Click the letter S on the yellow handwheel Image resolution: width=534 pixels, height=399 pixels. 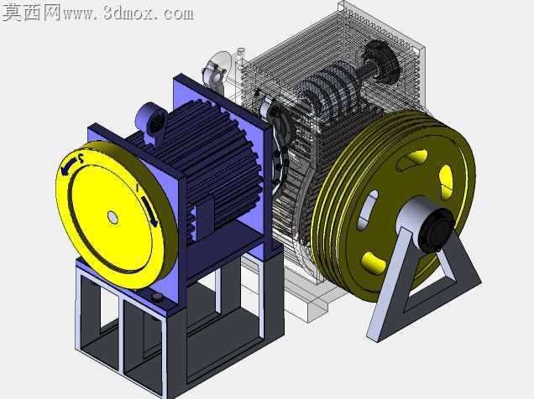pyautogui.click(x=81, y=158)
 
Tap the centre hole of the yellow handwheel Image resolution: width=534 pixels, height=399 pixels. pyautogui.click(x=113, y=217)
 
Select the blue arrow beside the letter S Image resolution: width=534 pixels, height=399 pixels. pyautogui.click(x=67, y=167)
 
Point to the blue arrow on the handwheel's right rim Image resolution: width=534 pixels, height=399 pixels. pyautogui.click(x=149, y=210)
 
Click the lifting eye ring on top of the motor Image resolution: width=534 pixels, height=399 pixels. pyautogui.click(x=151, y=119)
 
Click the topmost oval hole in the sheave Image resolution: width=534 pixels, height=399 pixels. pyautogui.click(x=413, y=159)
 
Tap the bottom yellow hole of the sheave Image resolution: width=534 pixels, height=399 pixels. pyautogui.click(x=373, y=262)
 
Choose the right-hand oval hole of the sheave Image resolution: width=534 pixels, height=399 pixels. pyautogui.click(x=446, y=182)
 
